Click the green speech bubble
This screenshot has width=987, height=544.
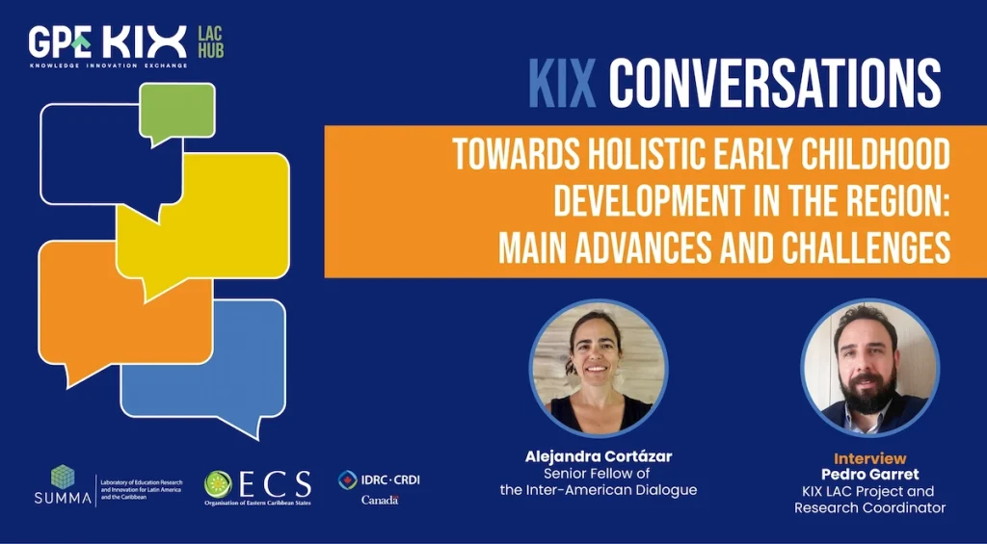(177, 110)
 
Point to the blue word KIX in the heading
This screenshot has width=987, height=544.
(564, 85)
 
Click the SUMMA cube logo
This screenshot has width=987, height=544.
(63, 477)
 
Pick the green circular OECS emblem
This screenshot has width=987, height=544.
(218, 484)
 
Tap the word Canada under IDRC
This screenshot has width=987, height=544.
(380, 500)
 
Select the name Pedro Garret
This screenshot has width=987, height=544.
(869, 475)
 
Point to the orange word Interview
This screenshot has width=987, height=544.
(869, 458)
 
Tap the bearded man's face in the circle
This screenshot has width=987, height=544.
(867, 361)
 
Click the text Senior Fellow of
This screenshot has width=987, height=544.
(598, 474)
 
